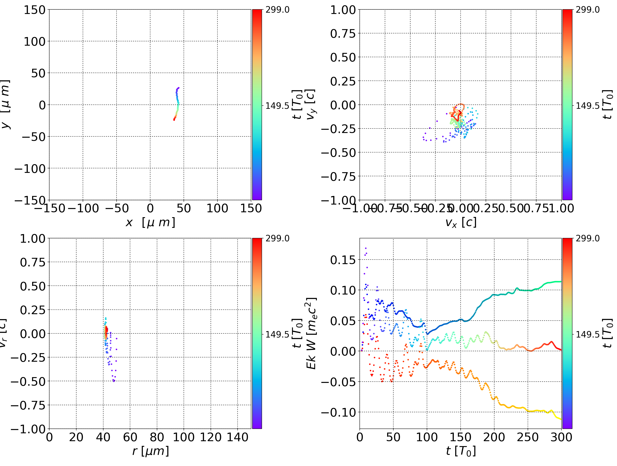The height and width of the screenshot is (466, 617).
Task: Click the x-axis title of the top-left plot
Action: pos(150,223)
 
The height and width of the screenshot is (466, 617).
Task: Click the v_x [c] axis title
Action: pos(461,223)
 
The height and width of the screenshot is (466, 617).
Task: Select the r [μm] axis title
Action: pos(150,451)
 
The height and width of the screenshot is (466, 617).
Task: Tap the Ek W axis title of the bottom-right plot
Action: pos(311,333)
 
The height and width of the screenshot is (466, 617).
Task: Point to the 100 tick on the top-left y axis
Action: pos(34,42)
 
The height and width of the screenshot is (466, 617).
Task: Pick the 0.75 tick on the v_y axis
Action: pos(343,33)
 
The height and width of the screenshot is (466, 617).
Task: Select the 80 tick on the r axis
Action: pos(157,437)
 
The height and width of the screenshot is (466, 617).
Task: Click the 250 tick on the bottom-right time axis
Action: pos(527,437)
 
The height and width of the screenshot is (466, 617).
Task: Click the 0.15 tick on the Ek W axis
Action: pos(343,260)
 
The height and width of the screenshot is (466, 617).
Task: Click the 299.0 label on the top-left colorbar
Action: pos(277,10)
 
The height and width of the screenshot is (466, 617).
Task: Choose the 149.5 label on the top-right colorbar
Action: pos(587,106)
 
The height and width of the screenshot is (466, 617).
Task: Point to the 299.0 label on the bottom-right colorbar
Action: pos(587,238)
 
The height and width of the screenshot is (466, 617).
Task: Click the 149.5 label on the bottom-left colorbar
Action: pos(277,334)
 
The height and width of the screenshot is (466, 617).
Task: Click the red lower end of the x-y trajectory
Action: pos(174,120)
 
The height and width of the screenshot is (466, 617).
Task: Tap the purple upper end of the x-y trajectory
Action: pos(178,88)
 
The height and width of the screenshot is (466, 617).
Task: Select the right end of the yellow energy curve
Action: pos(561,419)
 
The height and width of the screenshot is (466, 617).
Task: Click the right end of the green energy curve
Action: pos(561,282)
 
